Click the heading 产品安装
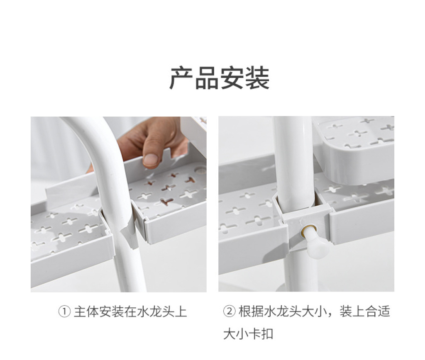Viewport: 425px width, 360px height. (x=219, y=78)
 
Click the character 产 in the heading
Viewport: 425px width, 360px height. (x=181, y=78)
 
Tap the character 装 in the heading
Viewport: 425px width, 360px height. (x=257, y=78)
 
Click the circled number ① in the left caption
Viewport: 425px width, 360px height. (x=64, y=311)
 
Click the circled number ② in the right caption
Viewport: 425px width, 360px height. (x=229, y=311)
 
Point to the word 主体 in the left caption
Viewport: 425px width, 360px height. (x=86, y=311)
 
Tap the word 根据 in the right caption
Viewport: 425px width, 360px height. (x=251, y=311)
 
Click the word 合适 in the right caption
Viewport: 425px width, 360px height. (x=378, y=311)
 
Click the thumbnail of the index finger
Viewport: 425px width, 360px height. (x=150, y=160)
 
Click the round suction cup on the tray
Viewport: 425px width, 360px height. (x=200, y=170)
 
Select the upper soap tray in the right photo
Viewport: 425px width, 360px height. (x=354, y=150)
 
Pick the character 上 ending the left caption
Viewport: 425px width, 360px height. (x=181, y=311)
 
